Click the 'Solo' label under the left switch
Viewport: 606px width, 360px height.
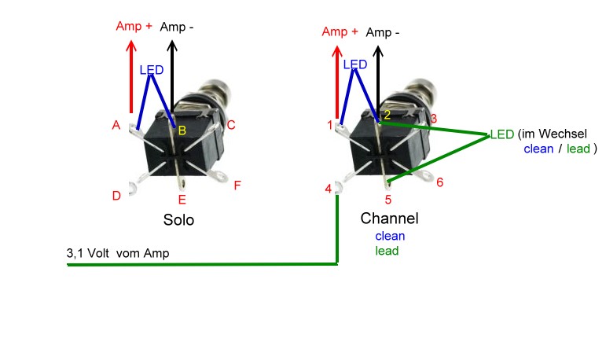[178, 220]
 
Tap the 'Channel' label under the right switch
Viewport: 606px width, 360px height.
[389, 218]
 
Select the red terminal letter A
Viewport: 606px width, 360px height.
[116, 126]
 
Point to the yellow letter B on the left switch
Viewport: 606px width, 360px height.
[182, 130]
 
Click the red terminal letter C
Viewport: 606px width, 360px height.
[231, 125]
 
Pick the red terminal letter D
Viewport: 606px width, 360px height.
[116, 196]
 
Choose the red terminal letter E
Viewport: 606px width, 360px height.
[182, 200]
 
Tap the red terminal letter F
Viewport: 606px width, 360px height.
[237, 186]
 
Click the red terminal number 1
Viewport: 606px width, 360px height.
[330, 125]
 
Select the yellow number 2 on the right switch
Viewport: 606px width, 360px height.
[386, 116]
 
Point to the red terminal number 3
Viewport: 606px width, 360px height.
[433, 118]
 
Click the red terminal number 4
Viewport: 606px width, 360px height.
[328, 189]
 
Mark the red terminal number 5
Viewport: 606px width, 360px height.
[387, 200]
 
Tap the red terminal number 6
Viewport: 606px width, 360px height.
[439, 182]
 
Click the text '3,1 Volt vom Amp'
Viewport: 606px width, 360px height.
[118, 253]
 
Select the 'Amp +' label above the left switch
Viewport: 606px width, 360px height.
[134, 26]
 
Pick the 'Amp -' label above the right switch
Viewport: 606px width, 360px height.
[383, 32]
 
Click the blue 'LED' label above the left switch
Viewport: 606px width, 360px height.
[152, 70]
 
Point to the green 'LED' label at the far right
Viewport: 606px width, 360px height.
[502, 134]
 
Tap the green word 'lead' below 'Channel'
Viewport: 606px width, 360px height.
[387, 251]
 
